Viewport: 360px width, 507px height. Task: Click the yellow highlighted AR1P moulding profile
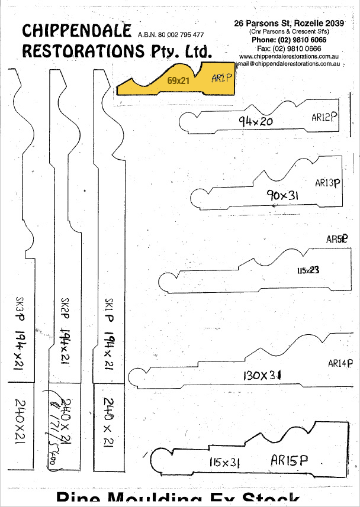click(x=178, y=82)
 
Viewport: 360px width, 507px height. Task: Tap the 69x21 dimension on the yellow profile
click(x=178, y=81)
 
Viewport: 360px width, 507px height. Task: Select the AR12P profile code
click(x=324, y=117)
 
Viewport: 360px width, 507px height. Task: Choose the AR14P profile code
click(x=340, y=364)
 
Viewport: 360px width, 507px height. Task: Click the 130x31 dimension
click(x=262, y=375)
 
